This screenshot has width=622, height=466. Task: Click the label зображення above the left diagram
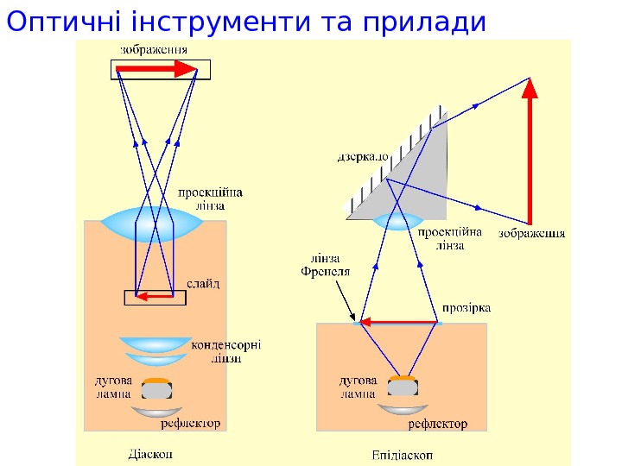(153, 49)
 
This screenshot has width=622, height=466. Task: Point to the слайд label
(205, 283)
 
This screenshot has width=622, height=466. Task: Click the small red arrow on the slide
(155, 298)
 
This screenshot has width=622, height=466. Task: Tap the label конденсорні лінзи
(226, 350)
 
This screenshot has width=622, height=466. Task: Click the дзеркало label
(363, 158)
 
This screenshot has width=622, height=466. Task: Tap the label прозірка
(466, 307)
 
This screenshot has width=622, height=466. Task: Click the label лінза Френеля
(325, 264)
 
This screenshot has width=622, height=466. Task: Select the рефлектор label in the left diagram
(189, 424)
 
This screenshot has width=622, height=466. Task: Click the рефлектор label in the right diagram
(437, 424)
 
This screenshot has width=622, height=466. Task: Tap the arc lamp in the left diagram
(156, 387)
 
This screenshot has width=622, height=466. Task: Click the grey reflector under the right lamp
(403, 409)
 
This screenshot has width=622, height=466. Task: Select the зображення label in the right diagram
(532, 233)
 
